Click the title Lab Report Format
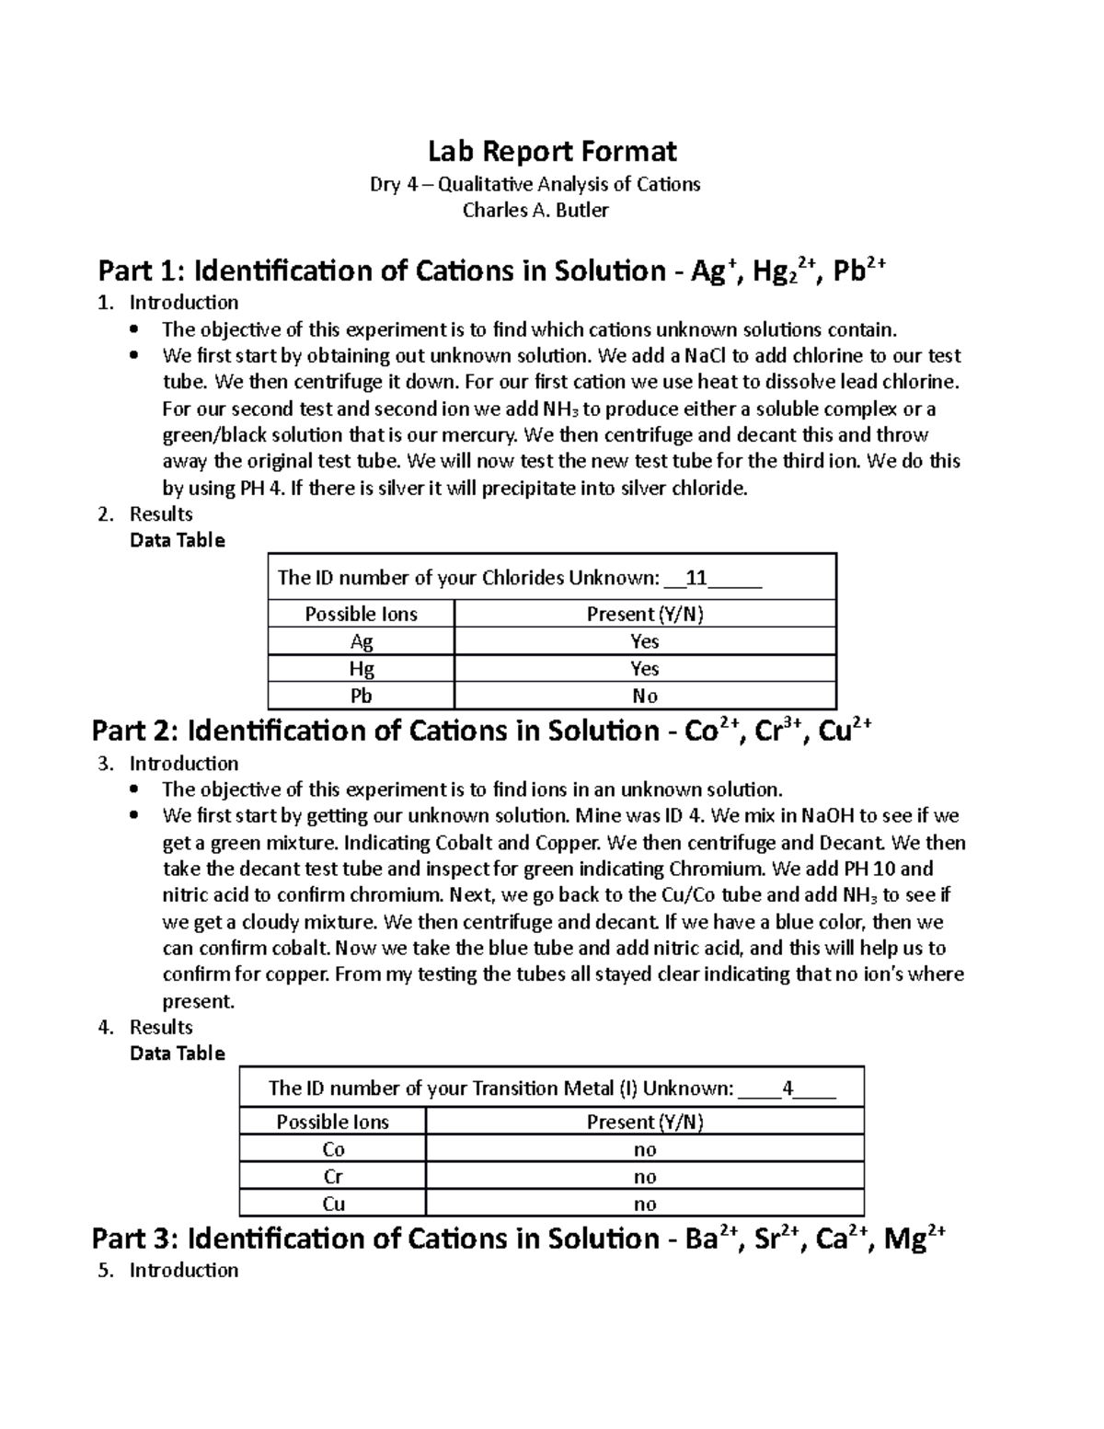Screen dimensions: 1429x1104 552,151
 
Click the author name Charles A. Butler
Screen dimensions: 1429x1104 535,210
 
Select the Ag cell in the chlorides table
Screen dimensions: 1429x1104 361,641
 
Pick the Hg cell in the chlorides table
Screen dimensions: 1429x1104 361,668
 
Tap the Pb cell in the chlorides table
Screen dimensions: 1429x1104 361,696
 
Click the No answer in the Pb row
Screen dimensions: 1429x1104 644,696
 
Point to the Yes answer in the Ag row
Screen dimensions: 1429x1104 644,641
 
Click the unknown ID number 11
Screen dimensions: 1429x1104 696,578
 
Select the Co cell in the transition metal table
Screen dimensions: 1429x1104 333,1149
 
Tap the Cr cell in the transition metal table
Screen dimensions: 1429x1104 333,1177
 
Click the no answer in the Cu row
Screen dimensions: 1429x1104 644,1204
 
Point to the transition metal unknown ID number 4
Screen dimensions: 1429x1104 787,1089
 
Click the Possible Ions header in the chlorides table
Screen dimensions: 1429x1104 361,614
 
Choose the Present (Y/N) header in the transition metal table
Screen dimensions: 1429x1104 644,1122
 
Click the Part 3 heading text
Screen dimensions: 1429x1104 518,1239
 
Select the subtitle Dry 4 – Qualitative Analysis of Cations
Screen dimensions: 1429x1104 535,184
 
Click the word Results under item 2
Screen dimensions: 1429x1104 161,513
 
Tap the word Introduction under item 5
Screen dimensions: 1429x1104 183,1270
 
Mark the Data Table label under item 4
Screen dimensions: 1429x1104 177,1053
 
